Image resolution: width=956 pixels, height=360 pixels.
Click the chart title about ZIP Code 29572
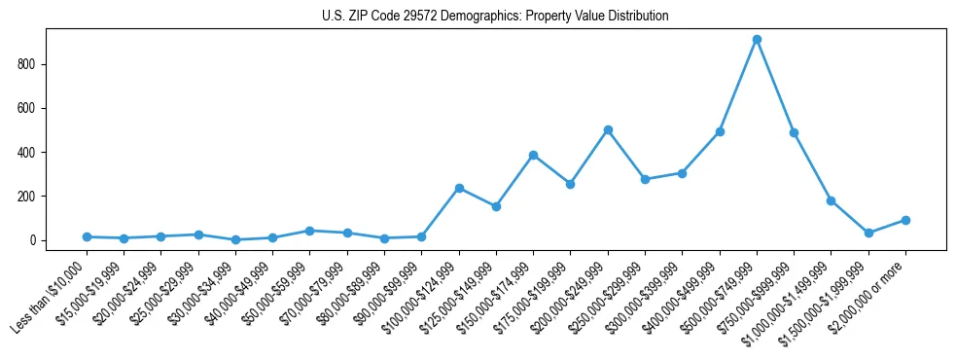[x=495, y=17]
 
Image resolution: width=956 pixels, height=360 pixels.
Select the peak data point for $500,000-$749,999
[x=757, y=40]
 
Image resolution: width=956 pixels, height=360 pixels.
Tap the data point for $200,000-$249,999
[x=608, y=129]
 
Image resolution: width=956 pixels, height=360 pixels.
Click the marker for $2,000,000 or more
[x=905, y=220]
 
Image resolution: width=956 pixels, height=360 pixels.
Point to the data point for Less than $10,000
[x=88, y=236]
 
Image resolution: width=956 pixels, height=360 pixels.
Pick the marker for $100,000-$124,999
[x=459, y=188]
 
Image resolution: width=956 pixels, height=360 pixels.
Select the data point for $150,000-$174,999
[x=533, y=155]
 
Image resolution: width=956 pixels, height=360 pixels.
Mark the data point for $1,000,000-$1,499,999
[x=831, y=200]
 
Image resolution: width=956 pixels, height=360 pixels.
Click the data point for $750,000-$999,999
[x=794, y=132]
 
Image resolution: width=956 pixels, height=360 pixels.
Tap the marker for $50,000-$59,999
[x=309, y=231]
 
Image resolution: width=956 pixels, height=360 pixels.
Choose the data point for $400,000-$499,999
[x=720, y=131]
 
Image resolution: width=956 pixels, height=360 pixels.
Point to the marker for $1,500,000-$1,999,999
[x=868, y=233]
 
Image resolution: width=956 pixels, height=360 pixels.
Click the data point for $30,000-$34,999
[x=235, y=239]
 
